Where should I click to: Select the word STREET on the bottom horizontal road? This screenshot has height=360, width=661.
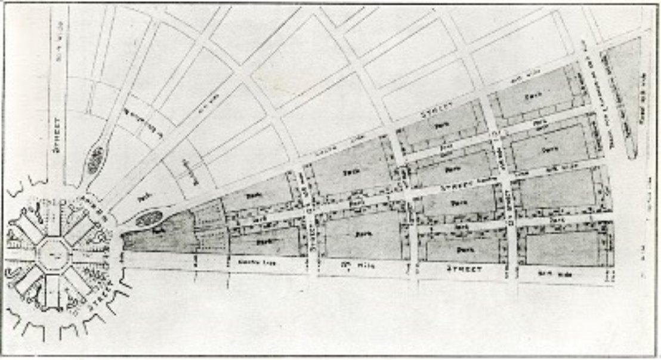[x=465, y=270]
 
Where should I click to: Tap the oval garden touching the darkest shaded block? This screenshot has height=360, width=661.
[x=148, y=218]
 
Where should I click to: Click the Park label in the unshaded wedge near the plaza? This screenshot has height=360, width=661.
[x=141, y=196]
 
